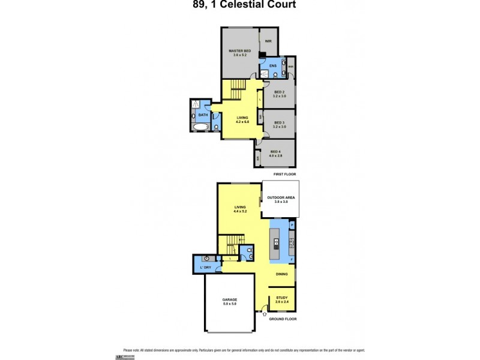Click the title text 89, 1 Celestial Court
[x=239, y=5]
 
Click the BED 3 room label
[x=280, y=124]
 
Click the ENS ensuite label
[x=272, y=65]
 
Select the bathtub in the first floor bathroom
[x=201, y=127]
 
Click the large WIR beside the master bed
[x=269, y=41]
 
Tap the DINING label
[x=281, y=274]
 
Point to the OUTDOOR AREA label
[x=281, y=199]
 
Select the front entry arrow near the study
[x=265, y=313]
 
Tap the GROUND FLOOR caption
[x=283, y=319]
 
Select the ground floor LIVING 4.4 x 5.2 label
[x=240, y=210]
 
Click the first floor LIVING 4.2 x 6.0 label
[x=242, y=119]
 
